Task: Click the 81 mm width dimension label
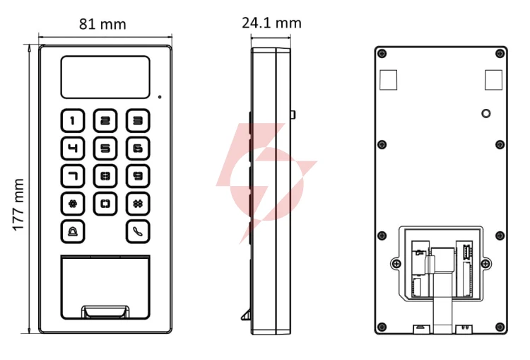102,24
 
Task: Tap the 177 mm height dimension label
18,204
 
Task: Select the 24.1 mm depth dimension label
271,23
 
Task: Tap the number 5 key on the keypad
105,149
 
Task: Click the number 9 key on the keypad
138,176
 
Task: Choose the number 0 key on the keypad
105,204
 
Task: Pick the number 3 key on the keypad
138,120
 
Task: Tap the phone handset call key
138,231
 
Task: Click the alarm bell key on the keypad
73,231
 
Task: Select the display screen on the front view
105,77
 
